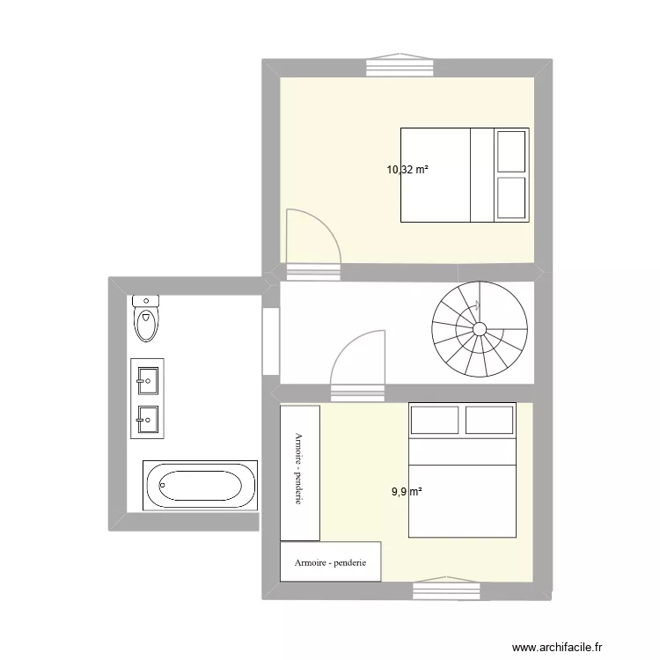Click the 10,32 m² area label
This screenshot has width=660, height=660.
(x=407, y=169)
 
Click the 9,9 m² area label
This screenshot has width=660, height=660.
(x=407, y=492)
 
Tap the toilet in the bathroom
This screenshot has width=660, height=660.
(x=146, y=322)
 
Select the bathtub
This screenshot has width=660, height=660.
(x=200, y=484)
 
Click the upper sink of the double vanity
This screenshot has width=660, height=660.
(x=146, y=382)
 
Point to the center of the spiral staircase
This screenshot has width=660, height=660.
(x=480, y=329)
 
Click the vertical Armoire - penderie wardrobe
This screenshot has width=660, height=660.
(x=299, y=472)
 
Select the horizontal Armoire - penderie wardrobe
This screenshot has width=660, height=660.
(x=330, y=561)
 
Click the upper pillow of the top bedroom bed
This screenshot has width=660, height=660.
(x=511, y=151)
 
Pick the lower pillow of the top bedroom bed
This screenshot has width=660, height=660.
(x=511, y=197)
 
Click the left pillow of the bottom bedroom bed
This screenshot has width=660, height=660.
(x=434, y=421)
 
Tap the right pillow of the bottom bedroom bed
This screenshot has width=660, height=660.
(x=489, y=421)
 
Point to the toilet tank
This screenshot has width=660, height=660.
(x=146, y=301)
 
